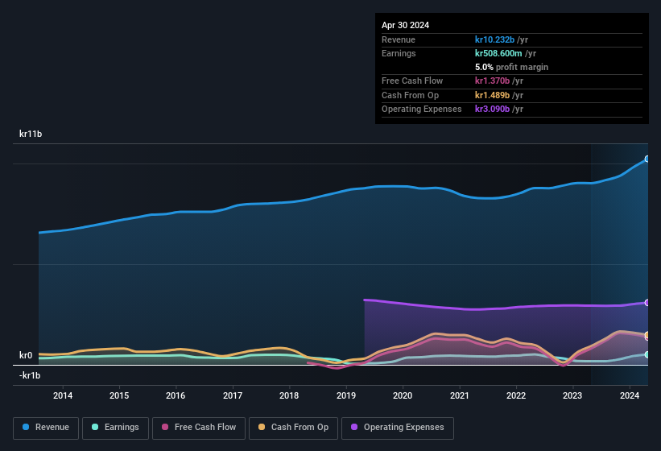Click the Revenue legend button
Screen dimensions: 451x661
46,428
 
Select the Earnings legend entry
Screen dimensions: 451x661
115,428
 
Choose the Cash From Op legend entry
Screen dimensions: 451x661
294,428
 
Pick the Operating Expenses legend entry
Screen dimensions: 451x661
397,428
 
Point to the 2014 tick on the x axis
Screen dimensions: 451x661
63,395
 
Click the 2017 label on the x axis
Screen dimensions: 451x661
233,395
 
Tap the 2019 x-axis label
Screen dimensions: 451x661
346,395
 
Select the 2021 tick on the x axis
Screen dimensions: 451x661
460,395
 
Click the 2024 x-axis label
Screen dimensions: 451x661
630,395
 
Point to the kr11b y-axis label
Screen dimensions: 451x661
31,134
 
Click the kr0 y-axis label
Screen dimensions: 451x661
26,355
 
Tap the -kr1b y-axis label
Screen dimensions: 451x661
30,375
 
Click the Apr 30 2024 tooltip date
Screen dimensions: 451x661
405,25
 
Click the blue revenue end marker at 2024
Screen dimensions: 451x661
647,159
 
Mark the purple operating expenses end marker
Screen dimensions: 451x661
647,303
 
